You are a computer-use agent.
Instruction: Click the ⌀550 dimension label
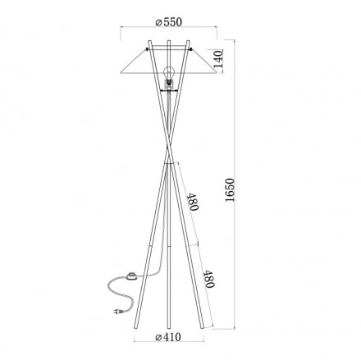click(169, 22)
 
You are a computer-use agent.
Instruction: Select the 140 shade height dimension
click(218, 60)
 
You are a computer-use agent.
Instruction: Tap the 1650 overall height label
click(230, 190)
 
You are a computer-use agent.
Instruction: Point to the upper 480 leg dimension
click(192, 202)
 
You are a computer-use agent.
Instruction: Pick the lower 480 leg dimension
click(208, 279)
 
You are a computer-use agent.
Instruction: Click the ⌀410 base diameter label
click(168, 337)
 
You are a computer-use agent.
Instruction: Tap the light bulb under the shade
click(169, 73)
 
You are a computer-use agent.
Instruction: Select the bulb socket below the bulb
click(169, 84)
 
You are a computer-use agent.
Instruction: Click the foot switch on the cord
click(132, 276)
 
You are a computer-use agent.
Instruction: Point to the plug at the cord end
click(118, 312)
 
